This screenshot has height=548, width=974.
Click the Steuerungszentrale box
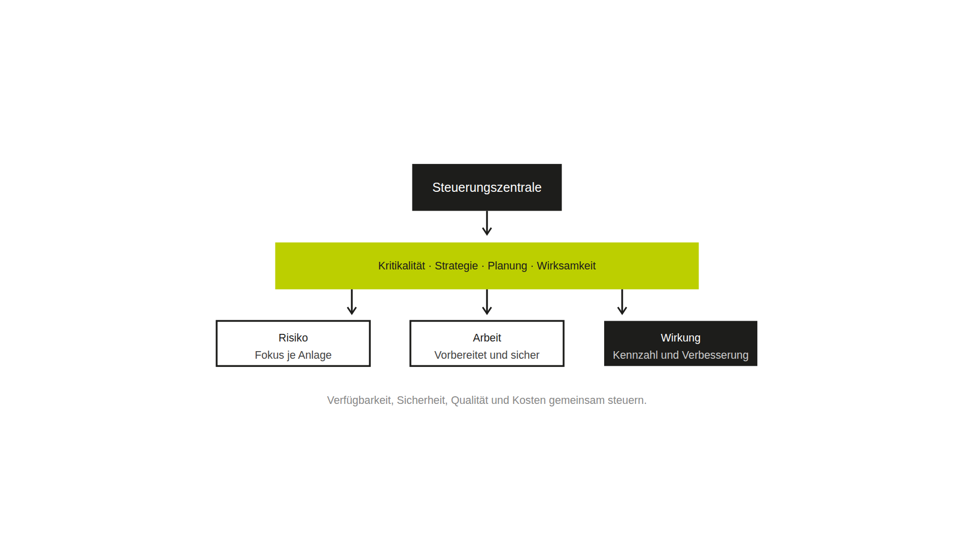tap(486, 187)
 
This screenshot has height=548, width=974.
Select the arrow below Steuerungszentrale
tap(487, 223)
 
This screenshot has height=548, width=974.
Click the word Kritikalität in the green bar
tap(401, 266)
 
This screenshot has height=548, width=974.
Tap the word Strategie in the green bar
tap(456, 266)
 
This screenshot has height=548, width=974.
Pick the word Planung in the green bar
tap(507, 266)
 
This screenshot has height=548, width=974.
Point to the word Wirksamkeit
tap(566, 266)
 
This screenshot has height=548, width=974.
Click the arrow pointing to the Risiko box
tap(352, 302)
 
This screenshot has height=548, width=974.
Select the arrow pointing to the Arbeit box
tap(487, 302)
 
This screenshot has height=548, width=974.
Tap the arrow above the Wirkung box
tap(622, 302)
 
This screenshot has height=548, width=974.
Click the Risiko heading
tap(293, 338)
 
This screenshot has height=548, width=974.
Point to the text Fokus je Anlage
tap(293, 355)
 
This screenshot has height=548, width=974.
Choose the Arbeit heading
tap(487, 338)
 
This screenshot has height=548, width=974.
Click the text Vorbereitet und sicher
tap(487, 355)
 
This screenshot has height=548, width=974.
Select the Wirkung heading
tap(680, 338)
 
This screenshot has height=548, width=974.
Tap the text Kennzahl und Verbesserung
tap(680, 355)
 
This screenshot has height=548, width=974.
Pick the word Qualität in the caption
tap(469, 400)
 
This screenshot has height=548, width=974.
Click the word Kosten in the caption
tap(529, 400)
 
